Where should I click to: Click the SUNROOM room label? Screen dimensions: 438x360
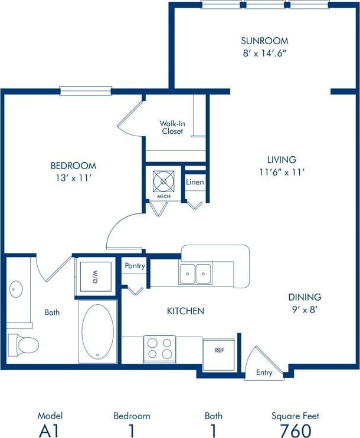(x=264, y=41)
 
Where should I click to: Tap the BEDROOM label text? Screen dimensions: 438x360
(x=73, y=166)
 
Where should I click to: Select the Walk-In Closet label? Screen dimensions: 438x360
(x=172, y=127)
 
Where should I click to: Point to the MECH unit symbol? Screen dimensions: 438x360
(x=163, y=180)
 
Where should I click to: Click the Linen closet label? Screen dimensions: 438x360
(x=195, y=182)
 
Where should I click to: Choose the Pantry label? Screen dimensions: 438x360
(x=135, y=266)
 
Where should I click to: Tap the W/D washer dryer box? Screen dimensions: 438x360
(x=94, y=276)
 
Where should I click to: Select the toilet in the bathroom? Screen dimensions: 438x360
(x=22, y=343)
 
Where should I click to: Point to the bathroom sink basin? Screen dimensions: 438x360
(x=16, y=289)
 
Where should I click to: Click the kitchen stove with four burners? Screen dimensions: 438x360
(x=159, y=348)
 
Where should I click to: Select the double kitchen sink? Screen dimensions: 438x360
(x=196, y=274)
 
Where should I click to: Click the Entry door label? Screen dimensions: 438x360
(x=264, y=373)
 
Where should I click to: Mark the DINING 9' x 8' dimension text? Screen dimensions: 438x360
(x=305, y=309)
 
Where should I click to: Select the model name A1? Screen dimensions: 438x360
(x=50, y=430)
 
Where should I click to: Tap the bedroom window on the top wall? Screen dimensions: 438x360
(x=86, y=91)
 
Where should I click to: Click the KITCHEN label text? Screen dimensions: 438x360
(x=185, y=311)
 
